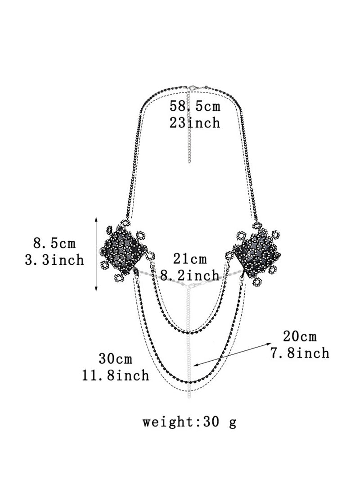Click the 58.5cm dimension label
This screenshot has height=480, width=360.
coord(195,106)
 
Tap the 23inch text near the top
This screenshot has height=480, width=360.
coord(195,123)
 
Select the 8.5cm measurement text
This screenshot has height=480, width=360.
coord(54,243)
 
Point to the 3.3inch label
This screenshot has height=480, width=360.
coord(54,260)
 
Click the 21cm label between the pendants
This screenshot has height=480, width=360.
coord(190,258)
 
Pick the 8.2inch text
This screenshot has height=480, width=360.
coord(190,275)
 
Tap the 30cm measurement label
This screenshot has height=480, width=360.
coord(115,358)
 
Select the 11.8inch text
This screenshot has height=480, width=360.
coord(115,375)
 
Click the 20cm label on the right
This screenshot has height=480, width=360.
coord(300,336)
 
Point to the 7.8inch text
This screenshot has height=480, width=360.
coord(300,353)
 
